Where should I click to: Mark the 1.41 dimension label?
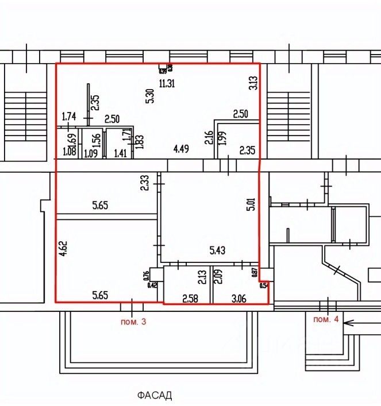(120, 153)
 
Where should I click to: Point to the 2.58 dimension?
(190, 297)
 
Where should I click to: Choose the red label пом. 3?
(133, 322)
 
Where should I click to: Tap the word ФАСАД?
(155, 395)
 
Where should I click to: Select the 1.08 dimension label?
(69, 153)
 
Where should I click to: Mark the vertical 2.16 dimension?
(209, 138)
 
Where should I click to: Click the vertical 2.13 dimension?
(201, 278)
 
